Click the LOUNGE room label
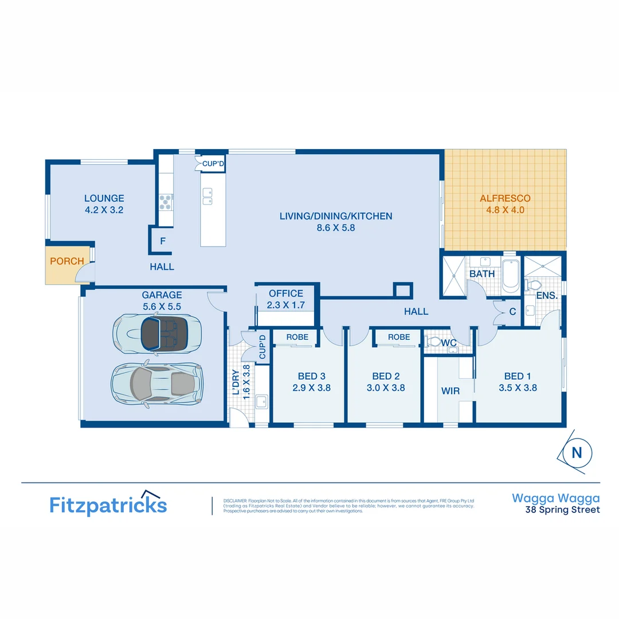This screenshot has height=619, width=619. (x=104, y=198)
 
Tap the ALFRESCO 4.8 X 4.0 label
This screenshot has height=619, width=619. (x=505, y=205)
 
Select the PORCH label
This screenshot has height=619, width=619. (x=66, y=261)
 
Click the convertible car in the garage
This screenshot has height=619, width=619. (x=158, y=334)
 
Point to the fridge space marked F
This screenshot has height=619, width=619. (x=163, y=241)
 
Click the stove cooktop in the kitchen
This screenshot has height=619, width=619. (x=166, y=201)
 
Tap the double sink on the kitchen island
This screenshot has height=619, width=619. (x=207, y=197)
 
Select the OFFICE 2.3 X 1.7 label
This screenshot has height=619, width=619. (x=286, y=299)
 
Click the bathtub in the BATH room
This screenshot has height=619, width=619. (x=510, y=277)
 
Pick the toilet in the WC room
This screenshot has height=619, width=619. (x=434, y=342)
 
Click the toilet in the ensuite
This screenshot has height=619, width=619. (x=534, y=285)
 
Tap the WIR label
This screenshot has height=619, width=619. (x=449, y=391)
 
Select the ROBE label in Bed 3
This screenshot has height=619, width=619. (x=297, y=337)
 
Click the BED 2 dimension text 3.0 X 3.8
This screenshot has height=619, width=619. (x=386, y=387)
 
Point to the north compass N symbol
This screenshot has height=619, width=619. (x=577, y=453)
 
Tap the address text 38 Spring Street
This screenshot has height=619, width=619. (x=563, y=510)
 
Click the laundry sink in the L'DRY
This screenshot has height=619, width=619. (x=262, y=402)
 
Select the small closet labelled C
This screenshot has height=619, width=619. (x=512, y=312)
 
